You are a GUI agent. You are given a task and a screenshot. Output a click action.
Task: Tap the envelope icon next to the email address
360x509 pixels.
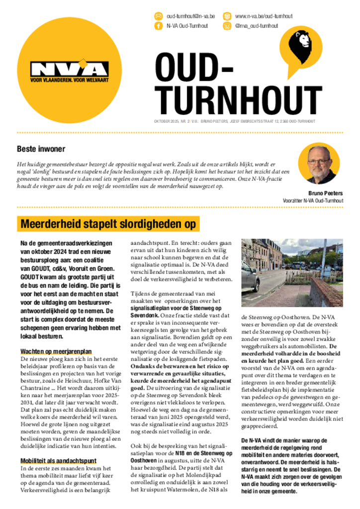tap(159, 16)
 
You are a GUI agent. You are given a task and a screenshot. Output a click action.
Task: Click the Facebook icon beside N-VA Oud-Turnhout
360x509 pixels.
tap(159, 26)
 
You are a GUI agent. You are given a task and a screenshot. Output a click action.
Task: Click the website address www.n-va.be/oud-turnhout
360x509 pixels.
tap(264, 16)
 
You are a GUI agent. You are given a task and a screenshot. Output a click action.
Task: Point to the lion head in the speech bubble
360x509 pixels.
tap(303, 42)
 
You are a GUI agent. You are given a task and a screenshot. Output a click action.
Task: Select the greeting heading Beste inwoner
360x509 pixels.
tap(41, 149)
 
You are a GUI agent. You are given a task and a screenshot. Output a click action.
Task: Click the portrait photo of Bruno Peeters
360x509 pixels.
tap(319, 164)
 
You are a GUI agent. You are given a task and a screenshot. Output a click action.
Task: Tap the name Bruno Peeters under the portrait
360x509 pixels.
tap(326, 193)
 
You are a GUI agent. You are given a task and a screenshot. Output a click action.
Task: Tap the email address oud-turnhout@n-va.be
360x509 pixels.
tap(190, 16)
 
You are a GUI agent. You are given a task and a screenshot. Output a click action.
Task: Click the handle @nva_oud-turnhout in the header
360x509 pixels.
tap(257, 26)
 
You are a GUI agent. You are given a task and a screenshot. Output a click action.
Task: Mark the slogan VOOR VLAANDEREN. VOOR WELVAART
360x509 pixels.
tap(69, 79)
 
